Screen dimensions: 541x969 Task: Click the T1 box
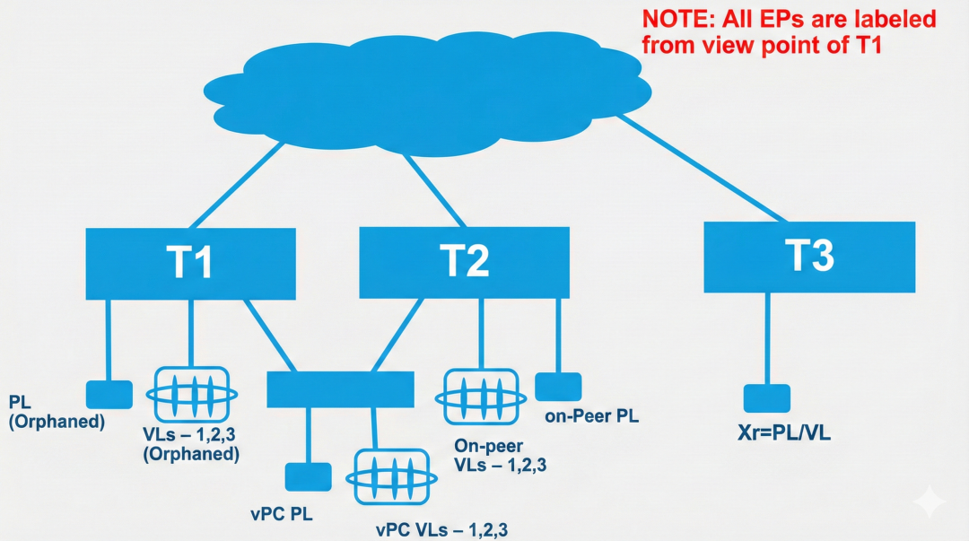[x=190, y=263]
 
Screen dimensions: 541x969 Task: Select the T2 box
[x=464, y=262]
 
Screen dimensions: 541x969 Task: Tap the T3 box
[x=808, y=257]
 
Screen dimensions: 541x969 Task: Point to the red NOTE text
[x=788, y=31]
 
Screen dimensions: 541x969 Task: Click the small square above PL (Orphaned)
[x=109, y=395]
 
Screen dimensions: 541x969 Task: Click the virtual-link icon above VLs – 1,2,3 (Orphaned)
[x=191, y=393]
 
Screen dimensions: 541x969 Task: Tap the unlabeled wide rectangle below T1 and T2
[x=341, y=389]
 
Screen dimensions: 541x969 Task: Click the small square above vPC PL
[x=308, y=478]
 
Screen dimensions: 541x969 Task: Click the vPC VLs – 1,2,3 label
[x=441, y=529]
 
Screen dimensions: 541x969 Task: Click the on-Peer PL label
[x=591, y=416]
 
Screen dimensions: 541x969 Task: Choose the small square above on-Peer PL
[x=558, y=387]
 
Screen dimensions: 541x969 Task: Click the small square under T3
[x=766, y=398]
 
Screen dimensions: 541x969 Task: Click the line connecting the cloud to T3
[x=700, y=169]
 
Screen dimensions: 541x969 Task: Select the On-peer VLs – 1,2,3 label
[x=501, y=455]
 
